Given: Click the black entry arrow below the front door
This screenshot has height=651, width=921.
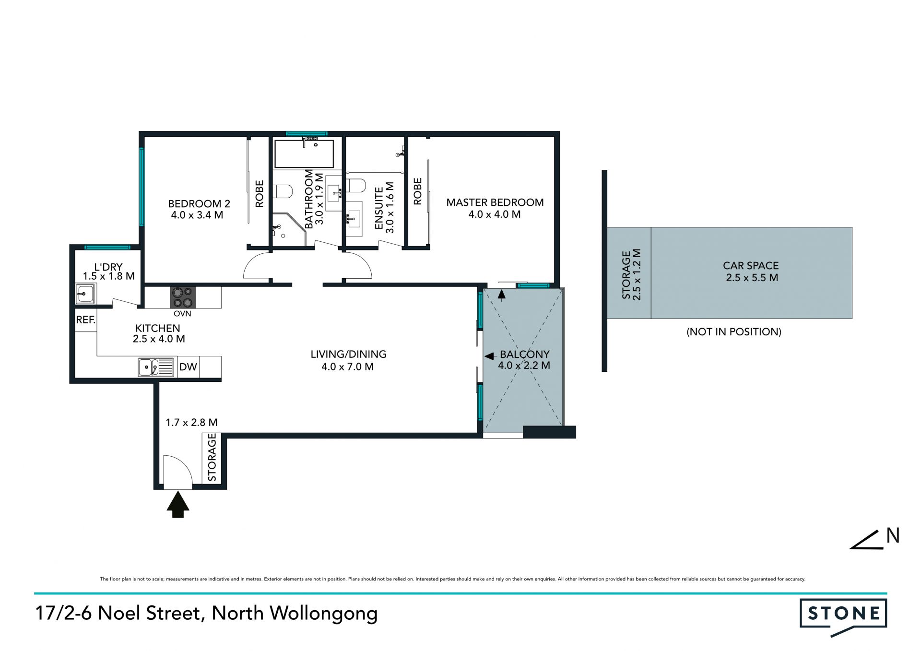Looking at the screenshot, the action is [x=178, y=504].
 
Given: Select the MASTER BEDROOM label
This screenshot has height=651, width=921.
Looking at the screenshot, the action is [x=495, y=202].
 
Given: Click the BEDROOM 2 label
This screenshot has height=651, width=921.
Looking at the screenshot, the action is [x=199, y=204].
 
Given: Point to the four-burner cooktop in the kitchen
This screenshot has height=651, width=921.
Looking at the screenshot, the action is [x=183, y=297].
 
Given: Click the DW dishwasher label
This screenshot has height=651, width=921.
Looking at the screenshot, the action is [x=188, y=367].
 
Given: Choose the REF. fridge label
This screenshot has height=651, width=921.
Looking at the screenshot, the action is [x=86, y=320].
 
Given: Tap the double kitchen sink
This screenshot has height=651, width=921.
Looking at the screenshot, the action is [x=156, y=367].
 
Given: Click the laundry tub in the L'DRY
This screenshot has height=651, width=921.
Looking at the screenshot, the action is [x=85, y=293].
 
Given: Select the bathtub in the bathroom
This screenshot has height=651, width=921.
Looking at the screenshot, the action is [x=304, y=154].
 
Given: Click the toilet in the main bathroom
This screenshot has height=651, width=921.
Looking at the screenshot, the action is [x=283, y=191].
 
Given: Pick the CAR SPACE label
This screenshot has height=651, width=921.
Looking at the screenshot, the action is [x=751, y=265].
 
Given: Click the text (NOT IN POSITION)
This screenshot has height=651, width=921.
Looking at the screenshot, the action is [x=734, y=331].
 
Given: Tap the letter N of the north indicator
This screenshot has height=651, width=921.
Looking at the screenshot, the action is [x=893, y=535].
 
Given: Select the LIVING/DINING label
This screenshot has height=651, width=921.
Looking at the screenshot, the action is [x=348, y=354].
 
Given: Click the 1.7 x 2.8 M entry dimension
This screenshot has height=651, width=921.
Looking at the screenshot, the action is [x=191, y=422].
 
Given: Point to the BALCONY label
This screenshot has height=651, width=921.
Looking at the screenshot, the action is [x=525, y=354].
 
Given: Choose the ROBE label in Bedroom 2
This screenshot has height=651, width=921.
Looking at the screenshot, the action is [x=260, y=193].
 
